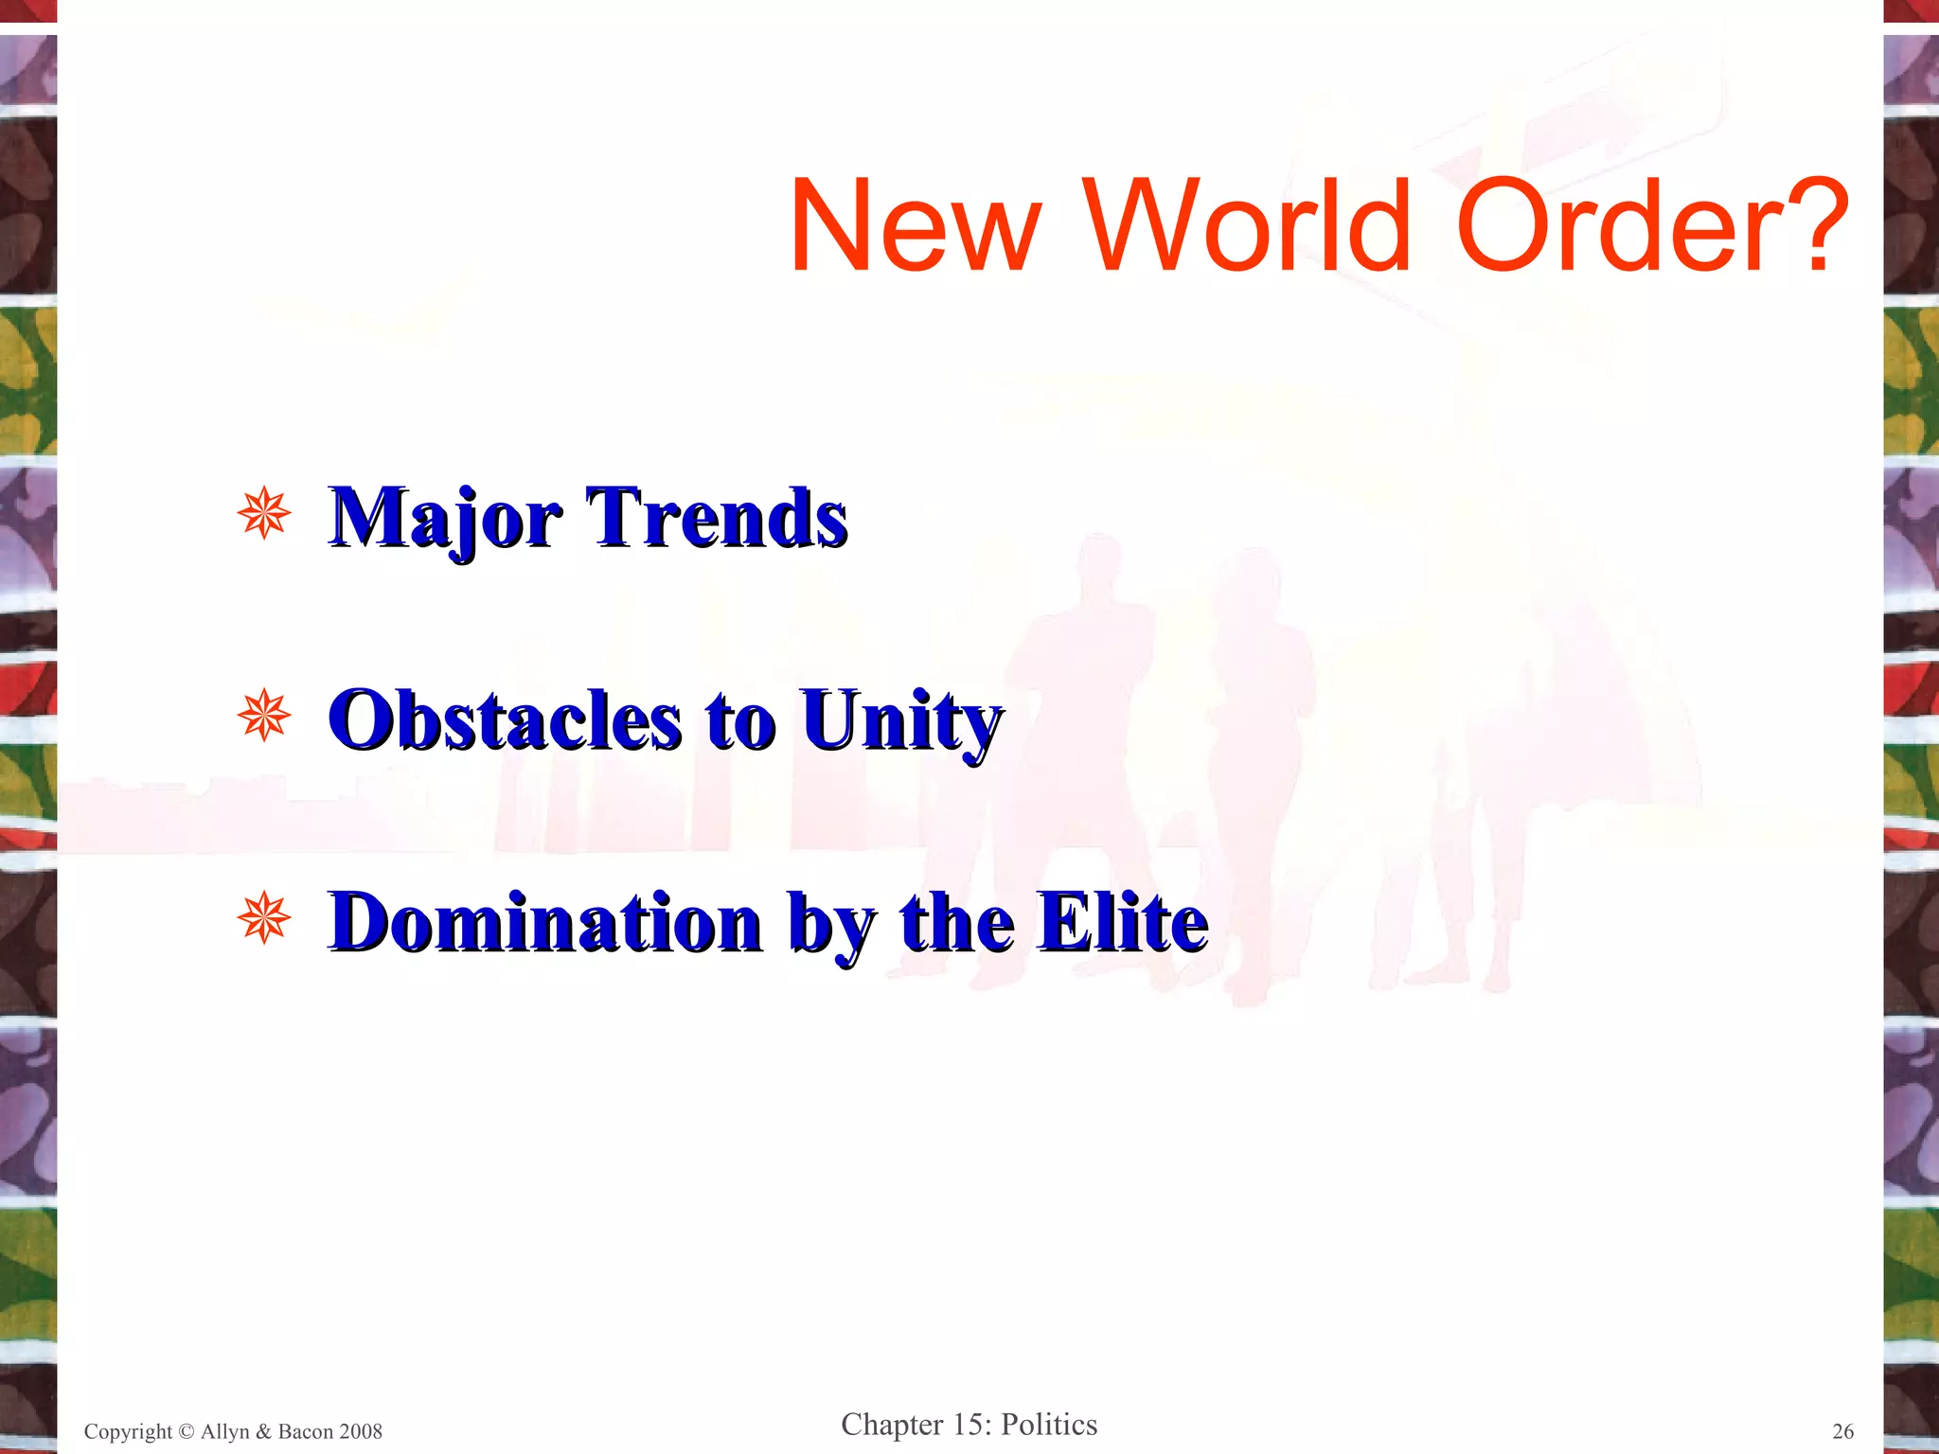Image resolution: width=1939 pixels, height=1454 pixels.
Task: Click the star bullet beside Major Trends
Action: click(x=264, y=514)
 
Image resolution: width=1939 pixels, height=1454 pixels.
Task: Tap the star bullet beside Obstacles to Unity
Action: click(x=264, y=716)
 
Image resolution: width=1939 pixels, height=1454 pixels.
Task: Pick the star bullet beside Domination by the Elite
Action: click(x=264, y=918)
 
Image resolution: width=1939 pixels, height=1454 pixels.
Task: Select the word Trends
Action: click(x=717, y=518)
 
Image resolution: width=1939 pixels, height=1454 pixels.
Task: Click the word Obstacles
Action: click(x=505, y=720)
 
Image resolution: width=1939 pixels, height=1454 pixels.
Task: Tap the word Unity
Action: click(x=901, y=722)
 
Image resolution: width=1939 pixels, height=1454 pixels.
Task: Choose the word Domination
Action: click(x=545, y=922)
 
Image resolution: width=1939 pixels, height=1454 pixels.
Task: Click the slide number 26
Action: click(x=1842, y=1431)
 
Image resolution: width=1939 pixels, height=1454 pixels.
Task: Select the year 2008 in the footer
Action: click(x=360, y=1432)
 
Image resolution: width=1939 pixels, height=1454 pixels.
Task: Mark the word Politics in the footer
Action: click(x=1049, y=1425)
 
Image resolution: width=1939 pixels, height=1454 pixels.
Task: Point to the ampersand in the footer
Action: click(x=263, y=1432)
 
